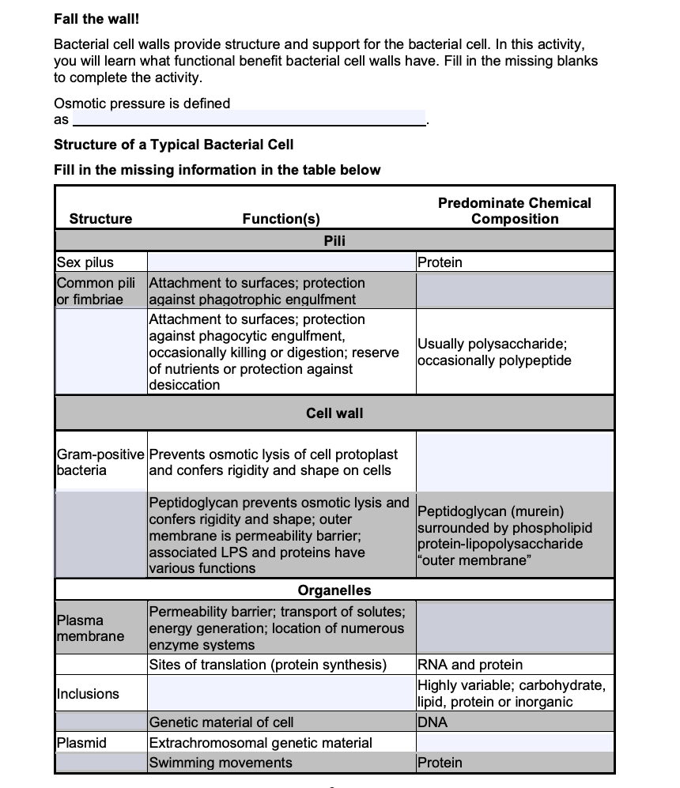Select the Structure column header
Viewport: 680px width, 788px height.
point(100,219)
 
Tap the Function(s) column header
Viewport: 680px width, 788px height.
point(281,219)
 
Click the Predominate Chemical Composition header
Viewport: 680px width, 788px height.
point(514,211)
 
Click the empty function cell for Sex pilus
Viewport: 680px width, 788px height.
point(281,262)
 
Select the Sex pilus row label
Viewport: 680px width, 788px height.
point(85,262)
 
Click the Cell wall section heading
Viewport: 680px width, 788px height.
point(334,413)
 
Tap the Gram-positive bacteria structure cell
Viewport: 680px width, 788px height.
point(100,462)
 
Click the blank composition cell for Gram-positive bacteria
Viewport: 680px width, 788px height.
point(514,462)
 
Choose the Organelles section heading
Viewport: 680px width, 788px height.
point(334,590)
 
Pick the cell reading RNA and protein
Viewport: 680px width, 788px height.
point(470,665)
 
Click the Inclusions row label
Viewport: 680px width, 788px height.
point(88,694)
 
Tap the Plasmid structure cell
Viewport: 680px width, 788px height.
point(81,742)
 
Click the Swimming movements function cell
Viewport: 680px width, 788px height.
point(221,763)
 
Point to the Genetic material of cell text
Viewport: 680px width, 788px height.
point(221,722)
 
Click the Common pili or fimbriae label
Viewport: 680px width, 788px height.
point(90,291)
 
